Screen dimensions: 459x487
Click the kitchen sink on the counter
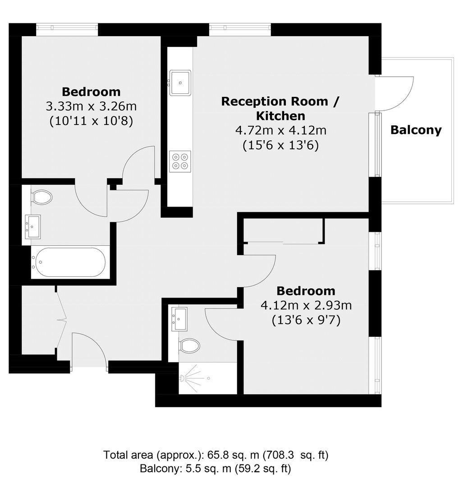[x=180, y=83]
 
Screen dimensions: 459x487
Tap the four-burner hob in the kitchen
[x=180, y=161]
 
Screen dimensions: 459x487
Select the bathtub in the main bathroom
[x=70, y=262]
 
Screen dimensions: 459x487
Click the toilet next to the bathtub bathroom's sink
[x=42, y=197]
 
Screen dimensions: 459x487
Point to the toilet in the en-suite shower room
[x=189, y=346]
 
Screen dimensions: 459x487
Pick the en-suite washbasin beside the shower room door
[x=179, y=319]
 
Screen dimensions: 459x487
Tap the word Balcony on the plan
[x=416, y=130]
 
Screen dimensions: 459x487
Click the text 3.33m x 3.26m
[x=91, y=106]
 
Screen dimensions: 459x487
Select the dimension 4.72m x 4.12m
[x=281, y=130]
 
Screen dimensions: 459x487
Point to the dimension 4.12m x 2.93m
[x=306, y=305]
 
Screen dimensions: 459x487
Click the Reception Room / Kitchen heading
[x=280, y=108]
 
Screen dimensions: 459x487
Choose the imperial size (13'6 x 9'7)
[x=306, y=320]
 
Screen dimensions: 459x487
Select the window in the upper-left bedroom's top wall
[x=67, y=28]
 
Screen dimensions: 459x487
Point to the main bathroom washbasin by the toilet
[x=32, y=227]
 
